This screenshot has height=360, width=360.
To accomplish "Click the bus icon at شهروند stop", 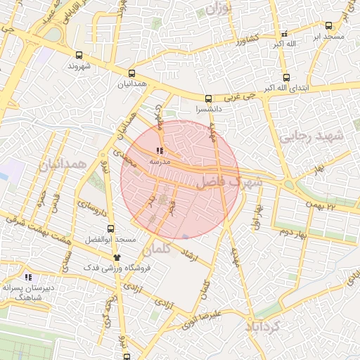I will point(78,55).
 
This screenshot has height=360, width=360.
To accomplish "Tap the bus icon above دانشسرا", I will point(208,99).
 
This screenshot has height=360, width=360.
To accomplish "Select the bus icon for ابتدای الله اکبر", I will point(286,77).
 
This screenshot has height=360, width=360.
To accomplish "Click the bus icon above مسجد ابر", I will point(329,25).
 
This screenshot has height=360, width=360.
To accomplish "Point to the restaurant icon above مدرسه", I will point(160,150).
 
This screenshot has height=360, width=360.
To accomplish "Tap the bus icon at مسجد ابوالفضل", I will point(110,229).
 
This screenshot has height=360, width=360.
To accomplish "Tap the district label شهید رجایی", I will point(312,136).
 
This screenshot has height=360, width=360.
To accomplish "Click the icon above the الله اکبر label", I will point(284,33).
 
